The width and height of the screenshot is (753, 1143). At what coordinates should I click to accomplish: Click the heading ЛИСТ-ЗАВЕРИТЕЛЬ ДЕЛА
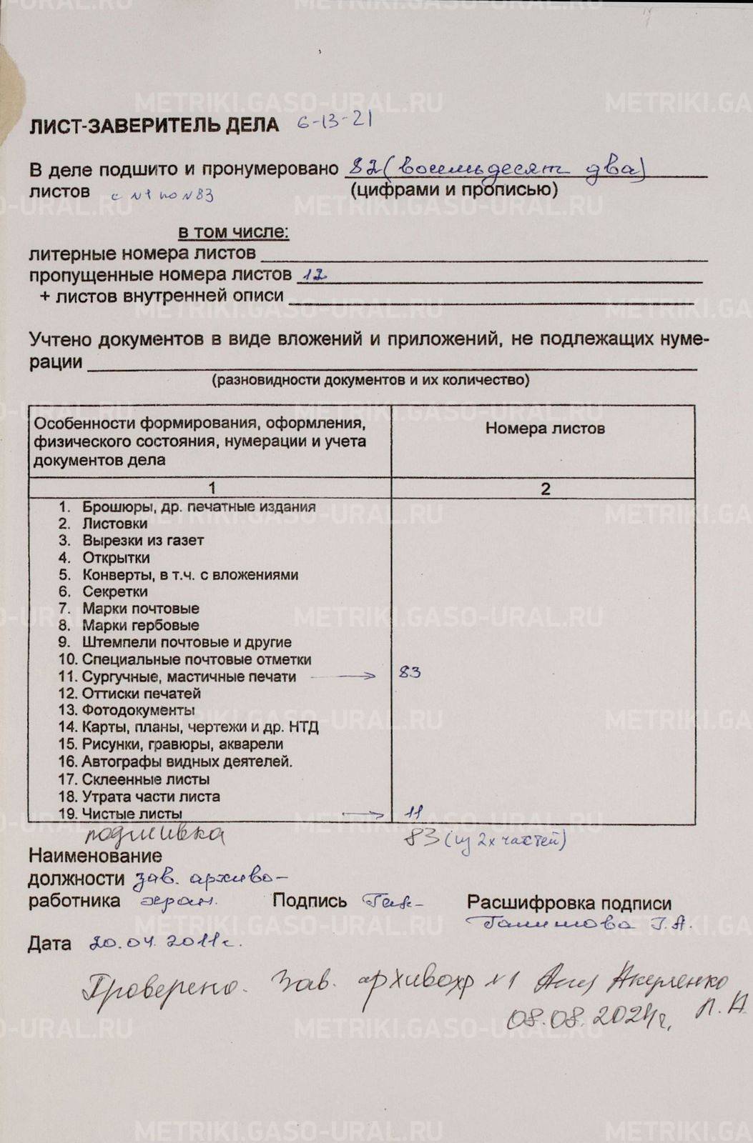point(154,126)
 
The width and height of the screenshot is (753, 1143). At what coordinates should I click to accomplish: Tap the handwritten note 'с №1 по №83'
point(162,195)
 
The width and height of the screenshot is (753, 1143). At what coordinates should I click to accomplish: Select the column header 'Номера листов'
point(545,428)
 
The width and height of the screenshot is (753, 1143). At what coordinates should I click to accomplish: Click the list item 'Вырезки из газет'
point(142,541)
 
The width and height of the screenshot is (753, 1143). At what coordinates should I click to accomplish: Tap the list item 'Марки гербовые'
point(140,626)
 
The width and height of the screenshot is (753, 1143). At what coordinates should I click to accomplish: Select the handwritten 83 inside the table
point(410,672)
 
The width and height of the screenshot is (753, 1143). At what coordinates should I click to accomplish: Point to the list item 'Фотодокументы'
point(137,710)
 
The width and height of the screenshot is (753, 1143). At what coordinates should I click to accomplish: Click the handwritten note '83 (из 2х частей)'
point(485,838)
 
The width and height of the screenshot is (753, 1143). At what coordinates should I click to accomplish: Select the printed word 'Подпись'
point(310,902)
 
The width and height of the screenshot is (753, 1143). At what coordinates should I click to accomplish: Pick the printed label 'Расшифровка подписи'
point(569,903)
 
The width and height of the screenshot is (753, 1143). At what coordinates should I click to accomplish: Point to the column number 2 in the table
point(545,489)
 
